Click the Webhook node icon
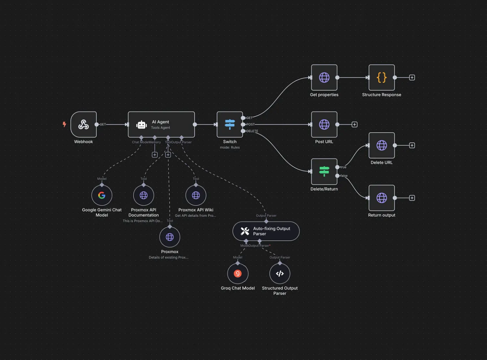point(84,124)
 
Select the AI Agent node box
point(161,124)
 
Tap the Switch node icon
point(230,124)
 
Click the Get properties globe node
point(324,77)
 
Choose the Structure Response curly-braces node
point(381,77)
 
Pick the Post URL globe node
point(324,124)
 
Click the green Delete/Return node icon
point(324,171)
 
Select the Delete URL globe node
point(381,145)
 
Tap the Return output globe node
point(381,198)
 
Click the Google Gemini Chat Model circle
point(102,195)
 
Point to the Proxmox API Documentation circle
point(144,195)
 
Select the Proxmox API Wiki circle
point(196,195)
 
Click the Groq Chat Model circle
point(238,273)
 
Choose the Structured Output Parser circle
point(280,273)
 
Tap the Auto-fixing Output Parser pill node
point(266,231)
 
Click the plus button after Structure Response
point(412,77)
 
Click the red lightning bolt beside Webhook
point(64,124)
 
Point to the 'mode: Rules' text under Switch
point(230,148)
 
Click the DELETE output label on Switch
point(252,131)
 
